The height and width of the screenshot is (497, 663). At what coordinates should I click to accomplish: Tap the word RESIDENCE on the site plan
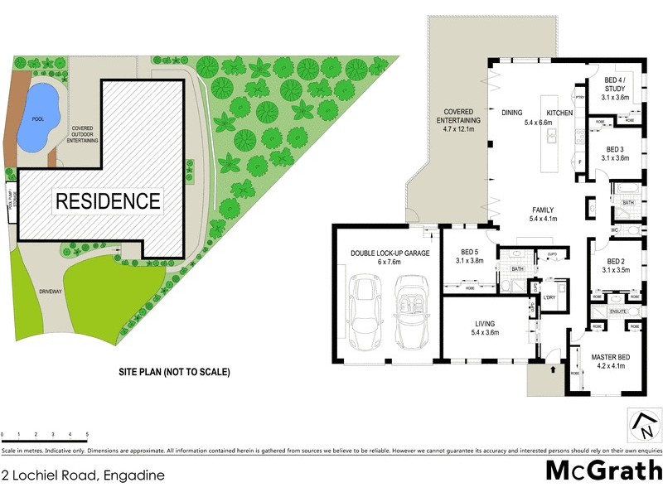coord(108,200)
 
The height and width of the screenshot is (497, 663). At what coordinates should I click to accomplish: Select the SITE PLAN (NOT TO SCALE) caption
coord(173,373)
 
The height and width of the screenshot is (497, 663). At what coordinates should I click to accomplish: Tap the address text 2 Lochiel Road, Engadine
coord(82,475)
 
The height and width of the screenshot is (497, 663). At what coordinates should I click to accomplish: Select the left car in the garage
coord(365,311)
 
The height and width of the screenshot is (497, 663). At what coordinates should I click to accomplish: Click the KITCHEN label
coord(559,113)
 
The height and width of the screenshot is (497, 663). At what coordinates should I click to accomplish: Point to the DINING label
coord(511,113)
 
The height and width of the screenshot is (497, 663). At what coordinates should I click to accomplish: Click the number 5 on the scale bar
coord(87,435)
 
